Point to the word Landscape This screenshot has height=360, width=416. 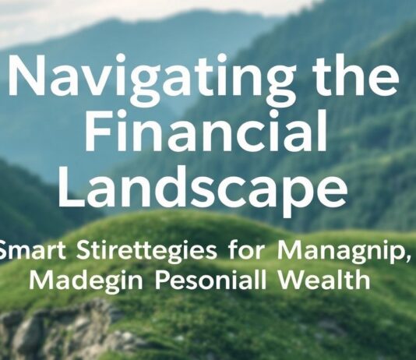point(201,189)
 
